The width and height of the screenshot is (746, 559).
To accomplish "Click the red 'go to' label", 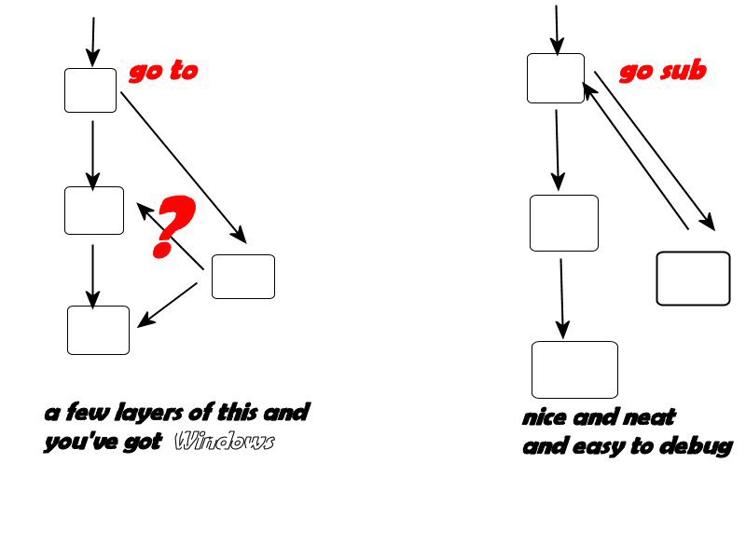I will point(162,72).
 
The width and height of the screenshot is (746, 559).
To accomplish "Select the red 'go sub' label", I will point(662,72).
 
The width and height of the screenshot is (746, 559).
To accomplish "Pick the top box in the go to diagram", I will point(90,90).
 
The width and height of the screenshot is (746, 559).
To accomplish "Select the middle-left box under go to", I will point(94,211).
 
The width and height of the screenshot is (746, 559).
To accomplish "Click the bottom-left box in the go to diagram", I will point(98,330).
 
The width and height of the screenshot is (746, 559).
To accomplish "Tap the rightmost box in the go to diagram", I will point(242,277).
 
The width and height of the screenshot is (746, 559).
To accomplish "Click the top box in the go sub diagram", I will point(556,78).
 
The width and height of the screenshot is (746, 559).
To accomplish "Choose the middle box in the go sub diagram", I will point(564,224).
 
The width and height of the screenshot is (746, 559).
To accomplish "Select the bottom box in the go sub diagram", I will point(574,370).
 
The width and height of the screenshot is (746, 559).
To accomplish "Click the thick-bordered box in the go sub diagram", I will point(693,278).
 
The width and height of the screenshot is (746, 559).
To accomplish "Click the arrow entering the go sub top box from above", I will point(557,28).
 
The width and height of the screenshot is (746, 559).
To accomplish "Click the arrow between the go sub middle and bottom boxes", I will point(561,298).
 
